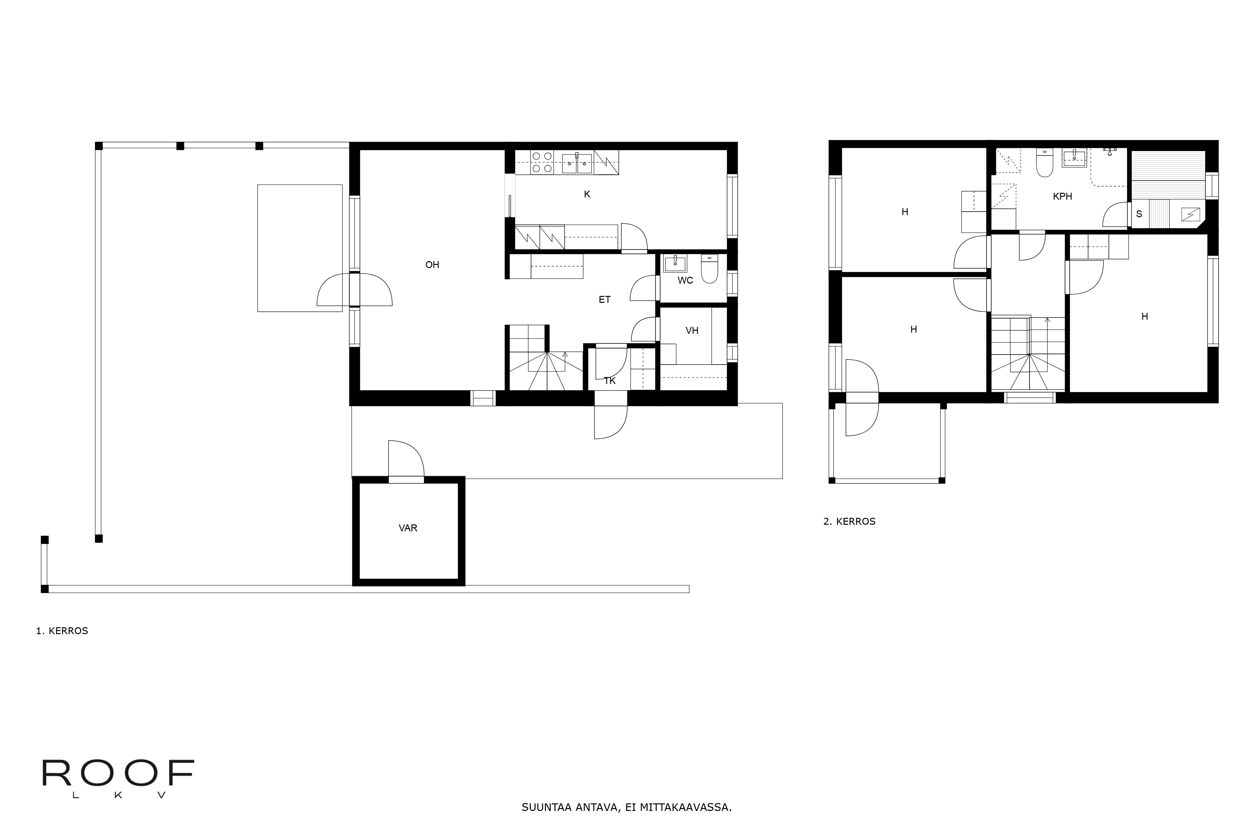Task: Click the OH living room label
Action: pos(432,265)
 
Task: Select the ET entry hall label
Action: pos(605,300)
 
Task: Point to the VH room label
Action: pos(692,331)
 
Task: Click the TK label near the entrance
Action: pos(610,381)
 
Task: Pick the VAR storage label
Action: pos(408,528)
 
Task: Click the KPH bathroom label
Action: pos(1062,196)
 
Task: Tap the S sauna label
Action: pos(1139,214)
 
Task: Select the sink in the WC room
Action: pos(675,263)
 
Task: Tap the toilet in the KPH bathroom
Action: pos(1045,163)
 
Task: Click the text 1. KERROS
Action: pos(62,631)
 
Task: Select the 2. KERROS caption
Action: pos(849,521)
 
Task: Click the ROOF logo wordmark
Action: pos(118,774)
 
